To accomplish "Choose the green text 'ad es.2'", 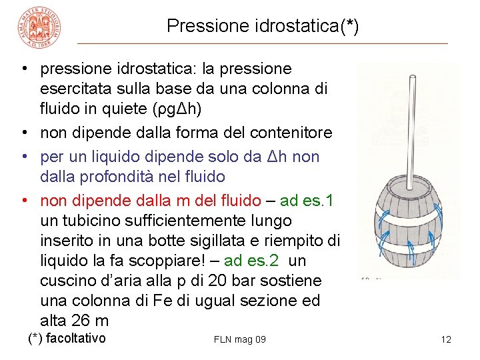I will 251,260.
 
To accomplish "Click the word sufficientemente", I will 181,220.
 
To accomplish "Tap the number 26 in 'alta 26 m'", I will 82,320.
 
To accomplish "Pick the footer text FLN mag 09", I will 240,339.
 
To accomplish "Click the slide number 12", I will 446,339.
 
